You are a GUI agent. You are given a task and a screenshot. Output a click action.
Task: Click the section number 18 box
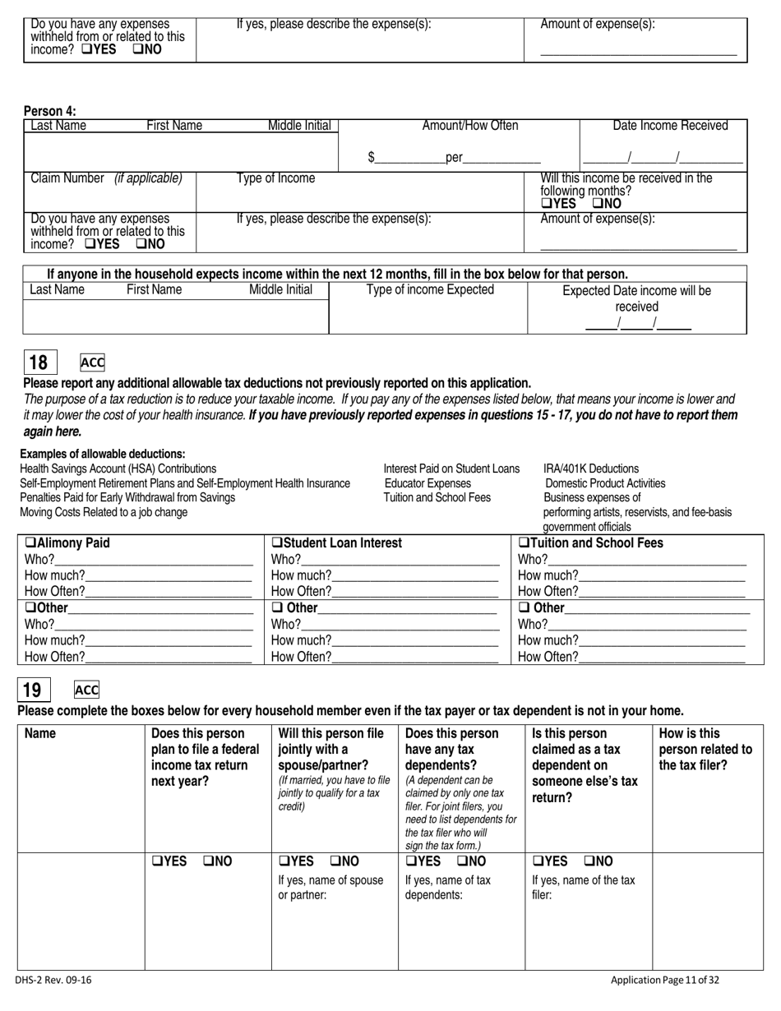(x=39, y=362)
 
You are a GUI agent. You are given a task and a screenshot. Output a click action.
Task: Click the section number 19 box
(x=34, y=690)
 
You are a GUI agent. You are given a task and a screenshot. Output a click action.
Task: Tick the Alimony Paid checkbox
(x=30, y=543)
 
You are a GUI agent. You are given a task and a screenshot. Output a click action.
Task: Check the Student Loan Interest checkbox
(x=277, y=543)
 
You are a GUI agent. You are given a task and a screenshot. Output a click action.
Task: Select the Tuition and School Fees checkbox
(x=524, y=543)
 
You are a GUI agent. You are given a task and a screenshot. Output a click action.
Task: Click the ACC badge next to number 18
(x=92, y=362)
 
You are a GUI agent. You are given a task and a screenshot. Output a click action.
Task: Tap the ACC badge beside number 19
(x=86, y=690)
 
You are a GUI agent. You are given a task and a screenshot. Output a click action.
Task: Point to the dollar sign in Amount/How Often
(x=372, y=157)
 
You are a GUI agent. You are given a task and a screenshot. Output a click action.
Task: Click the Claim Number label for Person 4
(x=67, y=178)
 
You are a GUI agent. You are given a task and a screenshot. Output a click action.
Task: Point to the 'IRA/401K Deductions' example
(x=591, y=469)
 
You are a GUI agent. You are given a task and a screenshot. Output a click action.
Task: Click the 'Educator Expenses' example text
(x=427, y=483)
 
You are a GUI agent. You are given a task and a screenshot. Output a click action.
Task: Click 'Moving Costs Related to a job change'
(x=104, y=513)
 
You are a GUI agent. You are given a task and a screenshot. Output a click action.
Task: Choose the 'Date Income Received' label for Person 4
(x=670, y=126)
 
